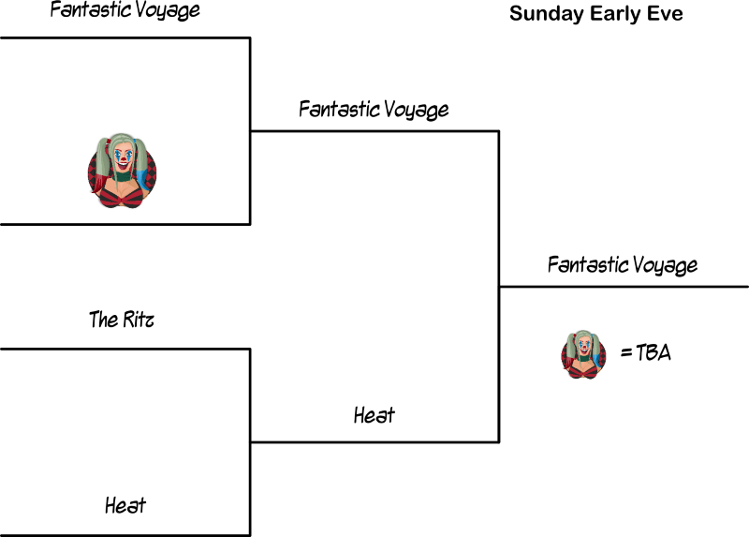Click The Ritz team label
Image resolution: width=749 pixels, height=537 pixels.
(x=122, y=321)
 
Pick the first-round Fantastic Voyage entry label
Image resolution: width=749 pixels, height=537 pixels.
(x=125, y=11)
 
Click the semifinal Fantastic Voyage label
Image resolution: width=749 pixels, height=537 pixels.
(x=374, y=109)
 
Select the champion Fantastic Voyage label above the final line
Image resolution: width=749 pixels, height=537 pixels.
(x=623, y=264)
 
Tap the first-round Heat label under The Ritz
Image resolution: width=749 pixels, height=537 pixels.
(x=125, y=506)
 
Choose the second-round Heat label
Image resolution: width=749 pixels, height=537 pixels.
(x=374, y=414)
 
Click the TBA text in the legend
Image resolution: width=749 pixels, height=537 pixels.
(x=653, y=354)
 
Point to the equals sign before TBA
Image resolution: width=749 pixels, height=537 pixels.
(x=624, y=354)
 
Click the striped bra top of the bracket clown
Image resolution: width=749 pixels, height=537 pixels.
(x=123, y=195)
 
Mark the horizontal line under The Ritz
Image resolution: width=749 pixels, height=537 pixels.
(x=125, y=349)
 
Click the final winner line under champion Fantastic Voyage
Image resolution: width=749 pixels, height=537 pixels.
(x=624, y=287)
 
